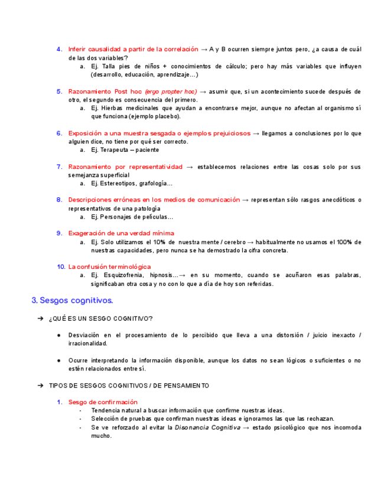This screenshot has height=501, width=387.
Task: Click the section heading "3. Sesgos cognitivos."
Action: point(72,301)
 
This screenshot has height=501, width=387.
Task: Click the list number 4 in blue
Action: point(60,49)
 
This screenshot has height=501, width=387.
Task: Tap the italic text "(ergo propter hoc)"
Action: point(171,92)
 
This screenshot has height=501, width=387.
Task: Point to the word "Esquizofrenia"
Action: point(124,275)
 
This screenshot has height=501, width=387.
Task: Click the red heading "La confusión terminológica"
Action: point(109,267)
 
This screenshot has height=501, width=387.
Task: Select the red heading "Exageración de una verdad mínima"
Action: point(121,233)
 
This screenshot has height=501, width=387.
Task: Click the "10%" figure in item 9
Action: point(158,242)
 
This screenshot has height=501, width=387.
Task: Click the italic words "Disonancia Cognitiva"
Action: point(207,427)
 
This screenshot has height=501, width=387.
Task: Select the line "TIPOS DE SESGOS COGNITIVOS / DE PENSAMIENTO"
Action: point(129,386)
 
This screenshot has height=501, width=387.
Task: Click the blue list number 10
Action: point(61,267)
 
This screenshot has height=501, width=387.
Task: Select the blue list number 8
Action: point(60,200)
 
